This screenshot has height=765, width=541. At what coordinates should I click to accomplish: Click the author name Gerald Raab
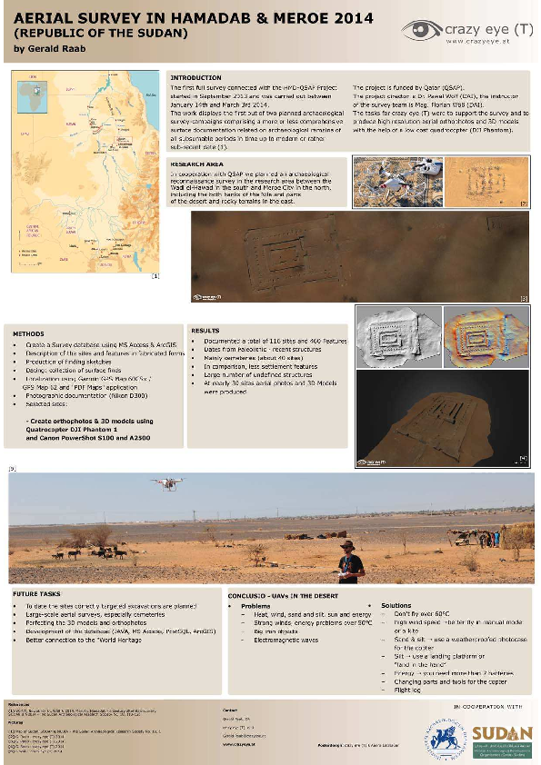click(53, 47)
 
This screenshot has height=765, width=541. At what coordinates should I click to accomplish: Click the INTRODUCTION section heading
click(195, 78)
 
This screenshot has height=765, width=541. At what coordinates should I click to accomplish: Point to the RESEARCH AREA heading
click(197, 164)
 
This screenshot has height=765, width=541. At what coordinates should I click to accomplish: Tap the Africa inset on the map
click(37, 92)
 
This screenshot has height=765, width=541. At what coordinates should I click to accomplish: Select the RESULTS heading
click(205, 331)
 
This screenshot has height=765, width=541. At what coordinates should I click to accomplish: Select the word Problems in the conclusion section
click(256, 605)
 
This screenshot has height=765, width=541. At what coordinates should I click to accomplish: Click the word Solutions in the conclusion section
click(396, 605)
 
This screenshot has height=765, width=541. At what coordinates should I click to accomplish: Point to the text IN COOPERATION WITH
click(488, 704)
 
